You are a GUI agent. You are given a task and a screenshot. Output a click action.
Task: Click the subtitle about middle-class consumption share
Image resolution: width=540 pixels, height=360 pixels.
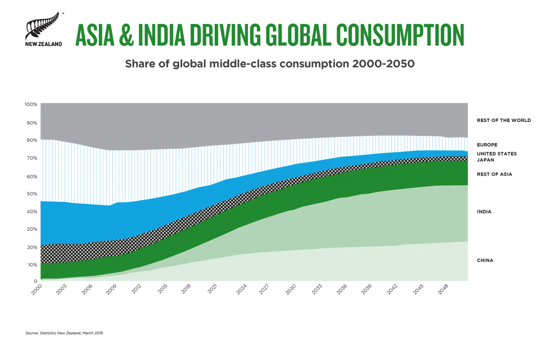[270, 64]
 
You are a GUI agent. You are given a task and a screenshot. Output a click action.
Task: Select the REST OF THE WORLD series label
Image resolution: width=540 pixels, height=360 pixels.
[504, 121]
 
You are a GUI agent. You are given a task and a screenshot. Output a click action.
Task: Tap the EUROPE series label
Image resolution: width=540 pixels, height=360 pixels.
[488, 144]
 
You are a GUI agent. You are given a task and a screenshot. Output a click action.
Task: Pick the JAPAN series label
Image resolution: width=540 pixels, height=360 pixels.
[485, 160]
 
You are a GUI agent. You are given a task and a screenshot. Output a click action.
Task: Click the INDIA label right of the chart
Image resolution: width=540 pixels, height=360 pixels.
[484, 212]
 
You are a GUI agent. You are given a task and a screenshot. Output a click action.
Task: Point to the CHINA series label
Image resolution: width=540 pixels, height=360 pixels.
[485, 260]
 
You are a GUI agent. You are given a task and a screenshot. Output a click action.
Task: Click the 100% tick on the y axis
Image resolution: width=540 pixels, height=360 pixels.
[32, 105]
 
